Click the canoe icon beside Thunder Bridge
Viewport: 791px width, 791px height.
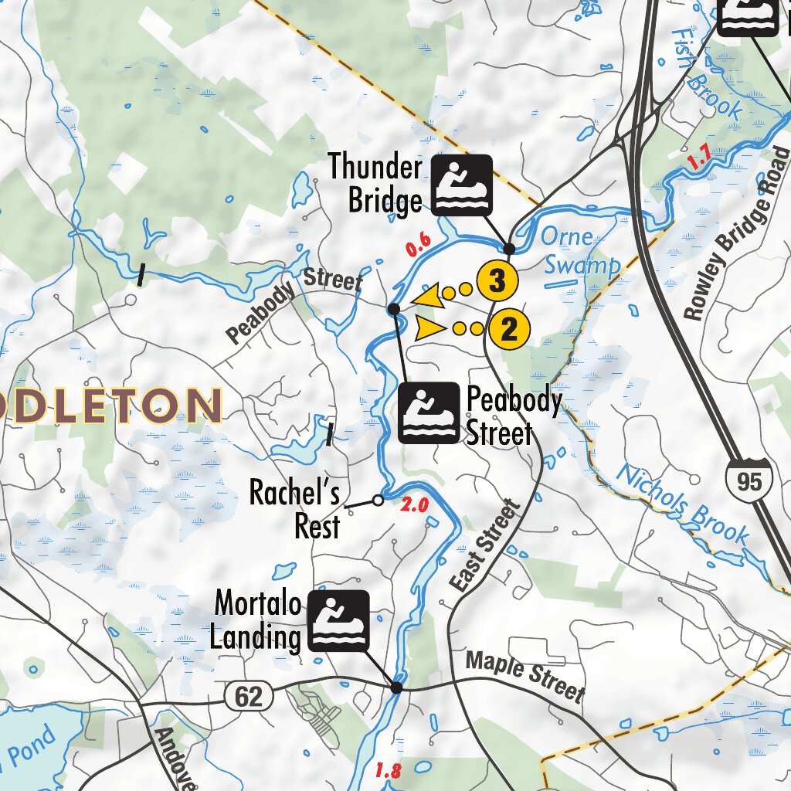pyautogui.click(x=462, y=185)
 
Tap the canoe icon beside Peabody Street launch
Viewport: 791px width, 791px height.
pyautogui.click(x=429, y=413)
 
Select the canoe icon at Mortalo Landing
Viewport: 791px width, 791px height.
pyautogui.click(x=338, y=620)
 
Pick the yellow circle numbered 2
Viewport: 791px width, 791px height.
pyautogui.click(x=509, y=329)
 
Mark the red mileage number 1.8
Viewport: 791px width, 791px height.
pyautogui.click(x=388, y=770)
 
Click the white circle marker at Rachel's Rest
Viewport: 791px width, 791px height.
pyautogui.click(x=378, y=501)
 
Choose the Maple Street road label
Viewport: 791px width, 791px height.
pyautogui.click(x=525, y=674)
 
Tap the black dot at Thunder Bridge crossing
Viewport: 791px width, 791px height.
pyautogui.click(x=509, y=249)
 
